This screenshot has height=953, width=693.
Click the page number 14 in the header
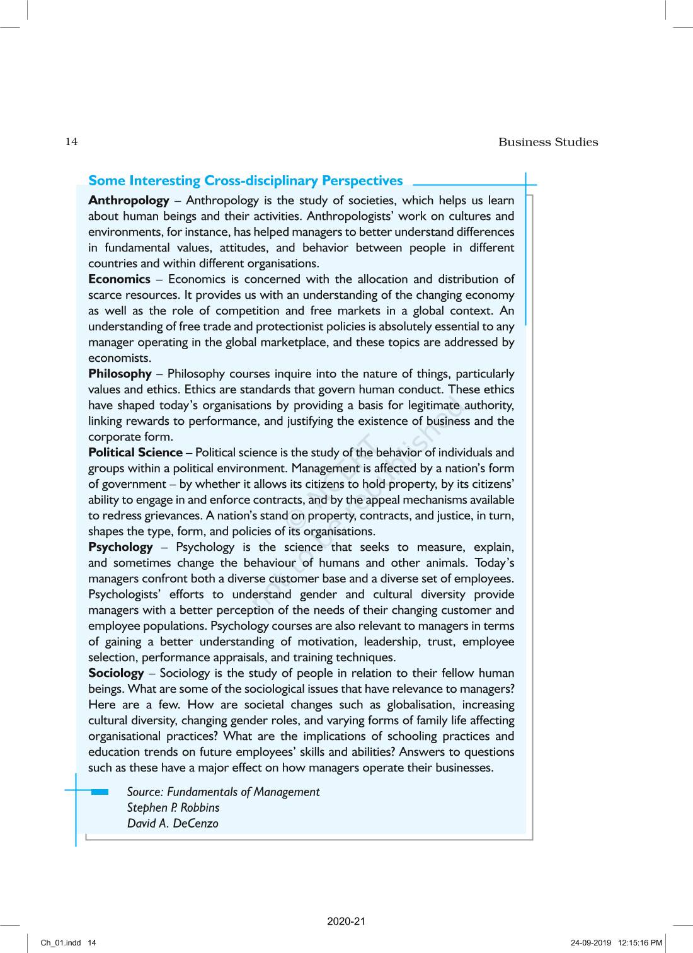tap(71, 141)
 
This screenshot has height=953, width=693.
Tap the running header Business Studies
tap(547, 142)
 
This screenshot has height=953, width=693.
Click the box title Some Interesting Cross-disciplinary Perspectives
tap(245, 181)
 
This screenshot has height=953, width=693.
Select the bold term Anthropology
tap(129, 200)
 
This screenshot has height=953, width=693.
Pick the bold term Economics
tap(119, 279)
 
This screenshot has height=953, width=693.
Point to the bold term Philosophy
tap(120, 374)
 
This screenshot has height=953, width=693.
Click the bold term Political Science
tap(135, 453)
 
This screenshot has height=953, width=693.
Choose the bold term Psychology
tap(120, 547)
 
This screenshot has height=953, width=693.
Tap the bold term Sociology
tap(116, 673)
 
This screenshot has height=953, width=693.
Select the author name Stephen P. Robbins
tap(173, 807)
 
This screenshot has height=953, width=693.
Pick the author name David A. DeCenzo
tap(173, 823)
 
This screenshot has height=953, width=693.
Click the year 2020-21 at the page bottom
tap(346, 921)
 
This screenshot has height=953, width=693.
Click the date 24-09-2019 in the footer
tap(591, 943)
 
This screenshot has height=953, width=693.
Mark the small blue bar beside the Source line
tap(100, 792)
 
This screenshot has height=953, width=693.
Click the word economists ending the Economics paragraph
tap(111, 358)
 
